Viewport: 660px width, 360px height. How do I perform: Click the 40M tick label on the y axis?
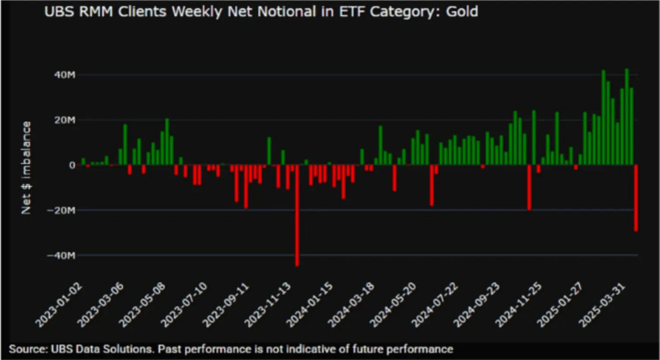click(x=61, y=75)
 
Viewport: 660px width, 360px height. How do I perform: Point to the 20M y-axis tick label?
click(x=61, y=120)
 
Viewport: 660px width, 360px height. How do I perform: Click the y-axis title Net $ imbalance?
click(x=26, y=167)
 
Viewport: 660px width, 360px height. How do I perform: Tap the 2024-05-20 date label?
click(x=402, y=306)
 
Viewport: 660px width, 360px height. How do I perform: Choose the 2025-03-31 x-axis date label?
click(x=615, y=306)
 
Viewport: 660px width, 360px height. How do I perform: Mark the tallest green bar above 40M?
click(x=626, y=116)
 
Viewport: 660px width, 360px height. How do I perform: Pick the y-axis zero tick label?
click(x=71, y=165)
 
